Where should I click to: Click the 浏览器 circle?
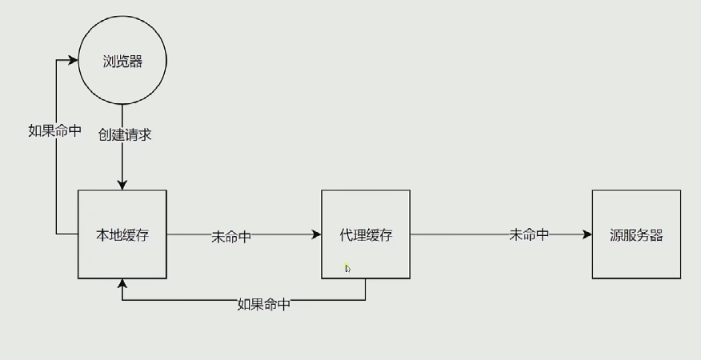pos(122,62)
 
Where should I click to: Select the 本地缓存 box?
pos(122,234)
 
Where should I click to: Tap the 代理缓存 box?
pos(366,234)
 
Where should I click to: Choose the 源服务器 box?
pos(636,234)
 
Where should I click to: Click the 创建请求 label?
pos(125,134)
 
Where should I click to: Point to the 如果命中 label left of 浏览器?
pos(54,130)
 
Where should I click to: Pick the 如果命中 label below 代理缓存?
pos(263,304)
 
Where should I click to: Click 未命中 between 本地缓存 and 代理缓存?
pos(231,236)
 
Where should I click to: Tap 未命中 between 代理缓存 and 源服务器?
pos(529,234)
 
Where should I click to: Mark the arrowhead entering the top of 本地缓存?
pos(122,186)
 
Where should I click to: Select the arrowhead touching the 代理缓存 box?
pos(316,234)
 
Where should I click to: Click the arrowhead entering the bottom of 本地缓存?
pos(122,284)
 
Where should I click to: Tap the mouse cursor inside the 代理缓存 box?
pos(347,269)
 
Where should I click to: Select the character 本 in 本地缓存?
pos(103,235)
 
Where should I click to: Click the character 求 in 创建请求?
pos(145,134)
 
